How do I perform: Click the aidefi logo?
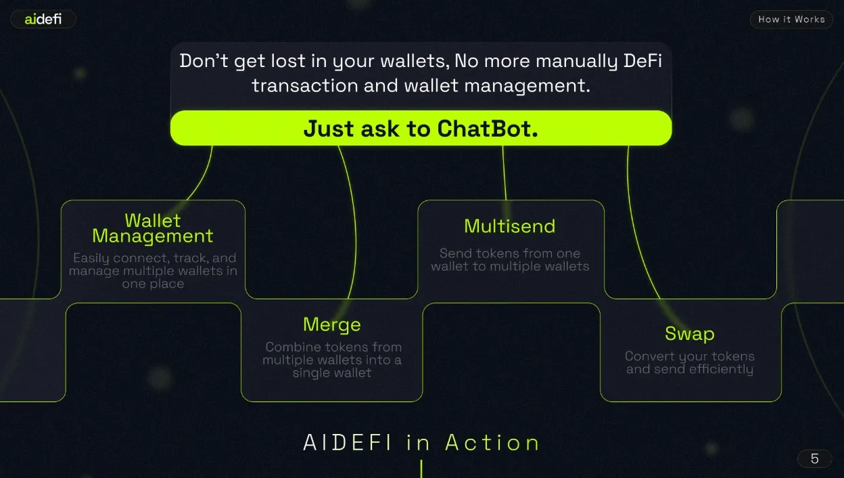pos(43,20)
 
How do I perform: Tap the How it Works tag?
pos(791,20)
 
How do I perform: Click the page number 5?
pos(814,458)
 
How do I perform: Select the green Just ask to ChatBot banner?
pos(421,128)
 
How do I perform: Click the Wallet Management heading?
pos(153,228)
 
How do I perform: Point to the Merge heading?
pos(332,324)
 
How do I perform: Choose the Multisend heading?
pos(509,226)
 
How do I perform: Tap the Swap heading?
pos(689,334)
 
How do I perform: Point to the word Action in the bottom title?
pos(492,443)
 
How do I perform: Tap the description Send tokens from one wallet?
pos(509,259)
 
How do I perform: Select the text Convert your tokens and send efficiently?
pos(689,362)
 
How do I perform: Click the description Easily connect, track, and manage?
pos(153,271)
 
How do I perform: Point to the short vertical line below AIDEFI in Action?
pos(421,469)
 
